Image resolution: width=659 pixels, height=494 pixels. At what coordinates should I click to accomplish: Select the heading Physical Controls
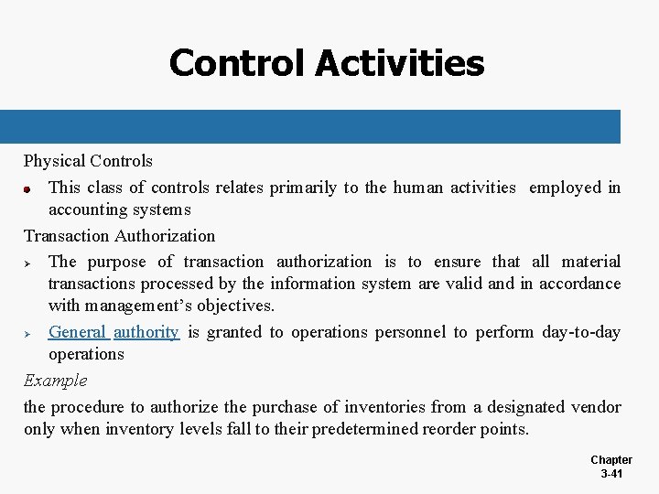[88, 161]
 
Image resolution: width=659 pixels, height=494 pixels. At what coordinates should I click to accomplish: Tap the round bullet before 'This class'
[28, 189]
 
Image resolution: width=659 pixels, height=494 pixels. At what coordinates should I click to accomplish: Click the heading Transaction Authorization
[119, 236]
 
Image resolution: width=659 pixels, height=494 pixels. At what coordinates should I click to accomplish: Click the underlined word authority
[146, 332]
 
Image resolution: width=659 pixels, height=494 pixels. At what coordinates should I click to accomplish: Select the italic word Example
[55, 380]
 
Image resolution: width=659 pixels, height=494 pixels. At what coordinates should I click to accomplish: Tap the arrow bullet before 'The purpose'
[28, 263]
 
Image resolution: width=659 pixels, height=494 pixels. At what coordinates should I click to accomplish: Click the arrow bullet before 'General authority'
[28, 333]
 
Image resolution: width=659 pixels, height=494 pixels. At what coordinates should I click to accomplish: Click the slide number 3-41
[611, 474]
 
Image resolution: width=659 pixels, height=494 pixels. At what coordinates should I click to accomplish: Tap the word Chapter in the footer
[611, 460]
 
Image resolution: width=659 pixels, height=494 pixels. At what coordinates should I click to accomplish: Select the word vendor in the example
[596, 407]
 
